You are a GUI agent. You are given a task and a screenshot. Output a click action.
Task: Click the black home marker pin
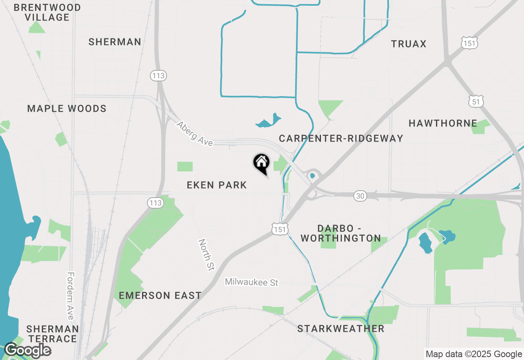[261, 163]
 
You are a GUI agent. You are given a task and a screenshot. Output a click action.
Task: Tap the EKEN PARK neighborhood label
[217, 185]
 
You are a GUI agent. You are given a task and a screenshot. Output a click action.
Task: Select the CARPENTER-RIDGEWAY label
[341, 138]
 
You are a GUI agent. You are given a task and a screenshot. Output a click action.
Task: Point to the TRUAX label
[409, 44]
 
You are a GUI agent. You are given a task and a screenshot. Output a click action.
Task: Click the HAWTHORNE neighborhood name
[443, 123]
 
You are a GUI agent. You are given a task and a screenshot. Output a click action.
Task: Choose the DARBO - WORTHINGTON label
[341, 233]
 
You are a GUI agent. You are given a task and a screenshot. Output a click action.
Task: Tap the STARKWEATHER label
[341, 328]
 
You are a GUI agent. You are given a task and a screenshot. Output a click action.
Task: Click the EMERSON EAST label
[160, 295]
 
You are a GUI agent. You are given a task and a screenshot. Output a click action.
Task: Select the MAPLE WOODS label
[67, 108]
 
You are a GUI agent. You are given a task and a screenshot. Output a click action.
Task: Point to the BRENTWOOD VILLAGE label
[47, 12]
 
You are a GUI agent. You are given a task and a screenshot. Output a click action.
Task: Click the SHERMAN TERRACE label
[52, 334]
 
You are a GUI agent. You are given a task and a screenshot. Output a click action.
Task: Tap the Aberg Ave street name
[195, 133]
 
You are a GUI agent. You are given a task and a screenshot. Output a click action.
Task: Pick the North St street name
[206, 255]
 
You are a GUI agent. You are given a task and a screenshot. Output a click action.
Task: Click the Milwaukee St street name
[251, 282]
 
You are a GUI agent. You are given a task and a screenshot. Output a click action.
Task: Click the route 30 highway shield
[360, 196]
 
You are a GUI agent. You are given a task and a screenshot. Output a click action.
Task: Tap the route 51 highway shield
[475, 101]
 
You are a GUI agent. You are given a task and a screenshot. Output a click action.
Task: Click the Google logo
[27, 350]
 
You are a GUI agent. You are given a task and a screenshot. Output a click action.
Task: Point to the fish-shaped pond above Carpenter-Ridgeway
[269, 120]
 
